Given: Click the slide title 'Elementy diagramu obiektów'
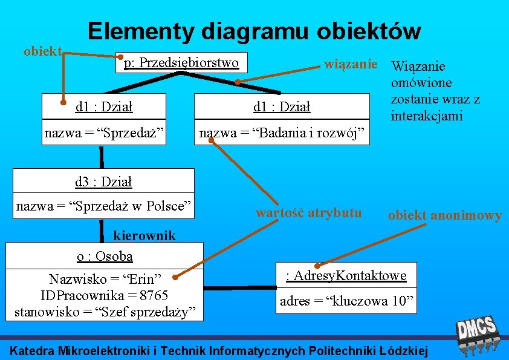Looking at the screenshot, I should (x=253, y=30).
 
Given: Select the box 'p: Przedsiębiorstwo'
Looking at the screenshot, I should (x=181, y=62).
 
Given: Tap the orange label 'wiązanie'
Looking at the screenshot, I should (x=351, y=63).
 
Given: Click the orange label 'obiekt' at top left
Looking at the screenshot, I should (x=42, y=51).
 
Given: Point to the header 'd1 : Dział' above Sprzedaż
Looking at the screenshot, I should (x=103, y=107).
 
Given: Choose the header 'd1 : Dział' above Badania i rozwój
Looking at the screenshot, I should (x=282, y=107).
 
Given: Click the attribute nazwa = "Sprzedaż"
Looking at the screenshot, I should (x=104, y=133).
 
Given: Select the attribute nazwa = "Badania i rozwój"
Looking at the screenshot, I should (x=282, y=133).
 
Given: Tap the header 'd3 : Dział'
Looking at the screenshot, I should (x=103, y=181).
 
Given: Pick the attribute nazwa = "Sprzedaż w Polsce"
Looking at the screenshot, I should (x=103, y=206).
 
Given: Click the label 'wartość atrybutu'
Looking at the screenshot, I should (x=308, y=212).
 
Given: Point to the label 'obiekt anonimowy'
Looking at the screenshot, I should (x=444, y=215).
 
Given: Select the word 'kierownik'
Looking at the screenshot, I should (x=144, y=235).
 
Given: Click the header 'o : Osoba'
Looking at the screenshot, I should (x=105, y=256).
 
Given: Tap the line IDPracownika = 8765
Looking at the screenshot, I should (x=104, y=295).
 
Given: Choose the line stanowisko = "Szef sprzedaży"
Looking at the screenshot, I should (x=105, y=312).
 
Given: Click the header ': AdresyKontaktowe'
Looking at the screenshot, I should (x=346, y=276).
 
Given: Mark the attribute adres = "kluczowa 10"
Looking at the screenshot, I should (x=346, y=301).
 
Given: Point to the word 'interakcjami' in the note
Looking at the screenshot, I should (x=426, y=116).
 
